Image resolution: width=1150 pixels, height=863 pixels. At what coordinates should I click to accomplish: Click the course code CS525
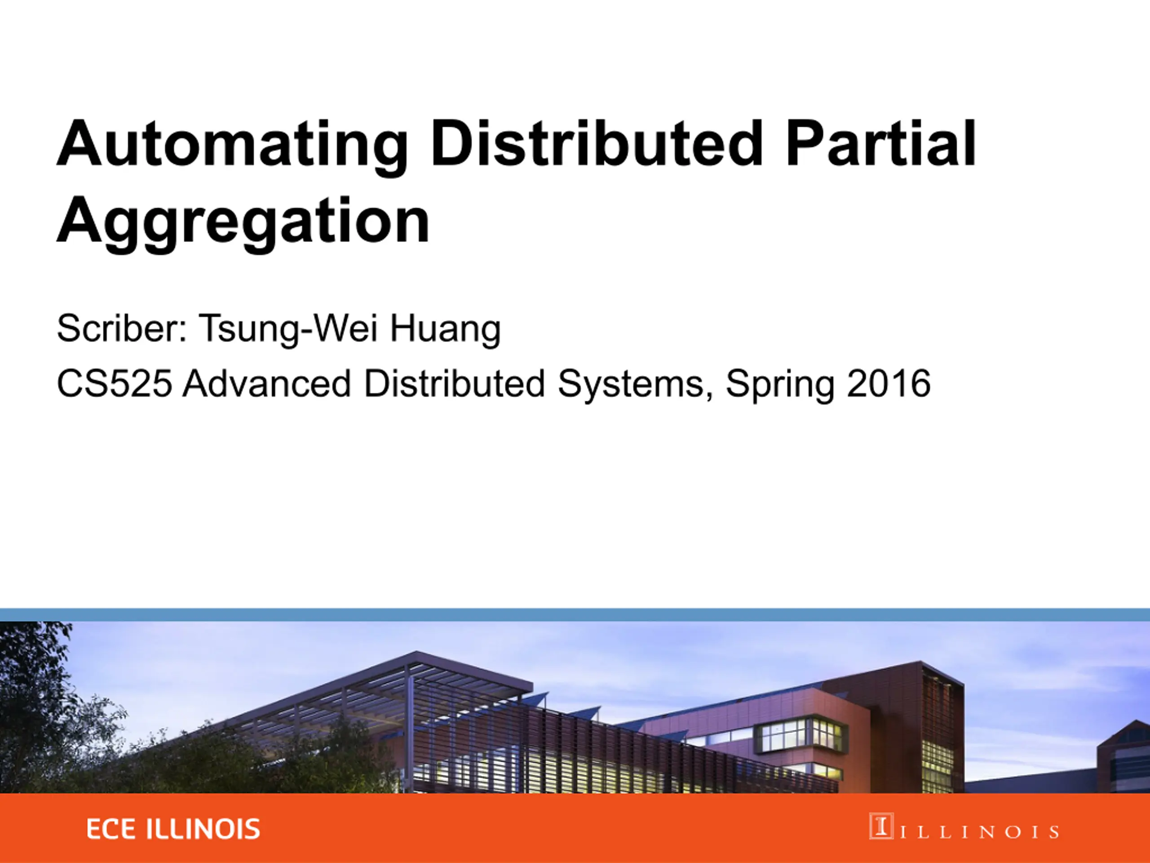pyautogui.click(x=114, y=383)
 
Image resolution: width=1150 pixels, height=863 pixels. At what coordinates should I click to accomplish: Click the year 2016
pyautogui.click(x=888, y=383)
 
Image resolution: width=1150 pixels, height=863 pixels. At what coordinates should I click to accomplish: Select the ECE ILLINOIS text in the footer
pyautogui.click(x=173, y=829)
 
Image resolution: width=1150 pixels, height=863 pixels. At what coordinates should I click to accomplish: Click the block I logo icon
pyautogui.click(x=881, y=826)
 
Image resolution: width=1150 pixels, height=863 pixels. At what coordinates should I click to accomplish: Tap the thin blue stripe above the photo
pyautogui.click(x=575, y=615)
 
